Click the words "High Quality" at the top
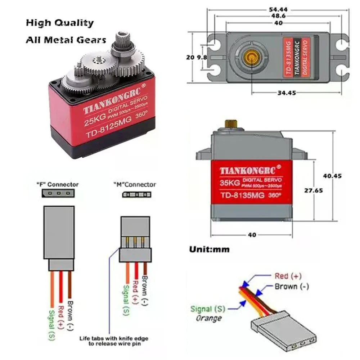pyautogui.click(x=59, y=23)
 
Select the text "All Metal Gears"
pyautogui.click(x=66, y=40)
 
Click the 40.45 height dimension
pyautogui.click(x=332, y=176)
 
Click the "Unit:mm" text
pyautogui.click(x=209, y=249)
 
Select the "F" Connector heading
pyautogui.click(x=57, y=184)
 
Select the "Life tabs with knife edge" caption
pyautogui.click(x=113, y=339)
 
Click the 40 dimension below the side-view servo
pyautogui.click(x=252, y=235)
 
